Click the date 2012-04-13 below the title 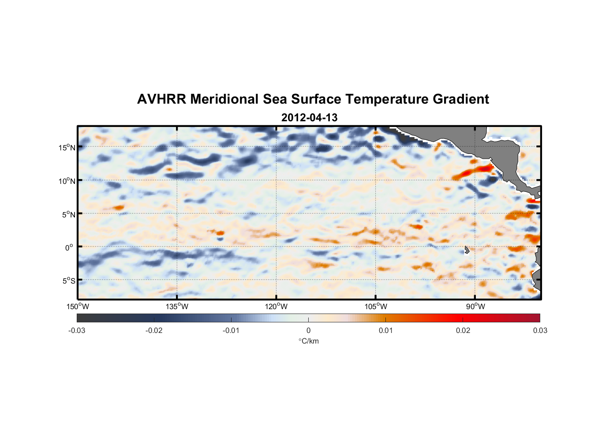click(x=309, y=118)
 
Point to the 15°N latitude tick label click(x=67, y=148)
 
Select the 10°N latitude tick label click(x=67, y=181)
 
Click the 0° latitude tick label click(x=69, y=248)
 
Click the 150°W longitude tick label click(x=78, y=307)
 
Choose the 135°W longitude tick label click(x=177, y=307)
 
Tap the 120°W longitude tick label click(x=276, y=307)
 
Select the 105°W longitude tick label click(x=376, y=307)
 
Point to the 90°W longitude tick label click(x=475, y=307)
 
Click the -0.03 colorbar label click(x=77, y=331)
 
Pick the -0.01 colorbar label click(x=231, y=331)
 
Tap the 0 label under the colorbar click(x=308, y=331)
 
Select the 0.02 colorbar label click(x=463, y=331)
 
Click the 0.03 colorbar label click(x=540, y=331)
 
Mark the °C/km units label click(x=309, y=341)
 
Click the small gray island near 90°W click(x=467, y=250)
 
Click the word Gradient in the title click(x=460, y=99)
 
